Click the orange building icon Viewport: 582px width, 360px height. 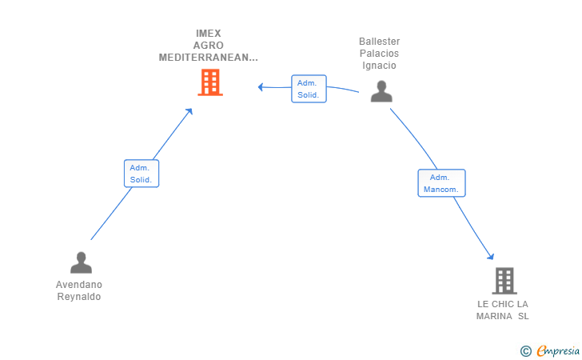tap(210, 82)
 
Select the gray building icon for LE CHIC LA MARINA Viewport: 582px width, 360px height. tap(504, 281)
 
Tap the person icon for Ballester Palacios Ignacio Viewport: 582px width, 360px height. tap(381, 91)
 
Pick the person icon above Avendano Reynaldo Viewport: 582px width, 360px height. tap(81, 262)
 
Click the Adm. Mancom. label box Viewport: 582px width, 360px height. tap(441, 183)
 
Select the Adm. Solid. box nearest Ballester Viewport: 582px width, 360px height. tap(309, 89)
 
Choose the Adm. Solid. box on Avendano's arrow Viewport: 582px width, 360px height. tap(142, 174)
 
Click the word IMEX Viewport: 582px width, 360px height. tap(209, 34)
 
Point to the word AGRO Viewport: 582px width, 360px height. tap(208, 46)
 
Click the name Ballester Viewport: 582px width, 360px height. tap(379, 42)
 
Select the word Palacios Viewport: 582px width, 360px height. tap(379, 53)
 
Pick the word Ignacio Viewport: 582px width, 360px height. tap(379, 66)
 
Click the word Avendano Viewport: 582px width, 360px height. tap(79, 285)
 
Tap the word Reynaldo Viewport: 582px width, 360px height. tap(79, 297)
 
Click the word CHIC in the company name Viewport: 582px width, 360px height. tap(503, 304)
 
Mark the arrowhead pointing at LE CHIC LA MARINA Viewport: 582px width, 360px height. tap(491, 256)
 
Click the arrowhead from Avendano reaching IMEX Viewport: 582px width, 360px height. tap(189, 111)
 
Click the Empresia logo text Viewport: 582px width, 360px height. tap(558, 350)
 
